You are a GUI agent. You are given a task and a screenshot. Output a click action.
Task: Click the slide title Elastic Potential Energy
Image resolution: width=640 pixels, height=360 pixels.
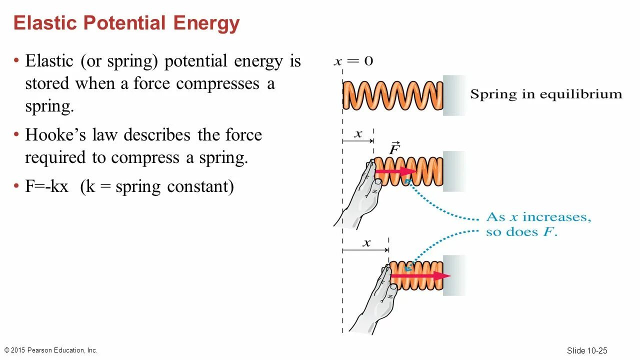pyautogui.click(x=126, y=23)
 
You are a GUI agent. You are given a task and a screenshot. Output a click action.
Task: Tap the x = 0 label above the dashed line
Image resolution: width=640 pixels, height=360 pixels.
pyautogui.click(x=353, y=61)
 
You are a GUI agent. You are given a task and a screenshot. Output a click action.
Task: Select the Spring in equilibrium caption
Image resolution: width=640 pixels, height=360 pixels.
pyautogui.click(x=546, y=94)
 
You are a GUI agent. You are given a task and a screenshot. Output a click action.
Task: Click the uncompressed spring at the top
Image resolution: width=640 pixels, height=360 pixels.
pyautogui.click(x=393, y=95)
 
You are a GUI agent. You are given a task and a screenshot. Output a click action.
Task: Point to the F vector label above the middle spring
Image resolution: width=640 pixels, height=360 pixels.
pyautogui.click(x=394, y=148)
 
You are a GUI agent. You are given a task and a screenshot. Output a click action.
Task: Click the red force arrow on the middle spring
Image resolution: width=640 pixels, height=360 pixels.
pyautogui.click(x=395, y=171)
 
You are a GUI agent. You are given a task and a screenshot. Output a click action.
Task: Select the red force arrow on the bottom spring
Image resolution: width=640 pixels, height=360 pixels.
pyautogui.click(x=420, y=275)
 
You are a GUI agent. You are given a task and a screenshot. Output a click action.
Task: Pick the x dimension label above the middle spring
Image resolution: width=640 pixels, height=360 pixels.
pyautogui.click(x=358, y=134)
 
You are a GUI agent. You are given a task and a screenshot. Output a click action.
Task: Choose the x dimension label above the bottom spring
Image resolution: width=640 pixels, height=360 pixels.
pyautogui.click(x=366, y=243)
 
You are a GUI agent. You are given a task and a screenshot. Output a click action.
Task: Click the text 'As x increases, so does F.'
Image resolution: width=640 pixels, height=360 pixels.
pyautogui.click(x=538, y=224)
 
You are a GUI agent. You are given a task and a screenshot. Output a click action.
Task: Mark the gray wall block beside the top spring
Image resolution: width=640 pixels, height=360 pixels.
pyautogui.click(x=454, y=95)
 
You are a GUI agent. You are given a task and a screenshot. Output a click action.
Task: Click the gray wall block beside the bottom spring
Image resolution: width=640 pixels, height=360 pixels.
pyautogui.click(x=454, y=275)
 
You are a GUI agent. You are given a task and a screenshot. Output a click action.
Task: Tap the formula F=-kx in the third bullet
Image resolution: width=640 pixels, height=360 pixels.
pyautogui.click(x=46, y=186)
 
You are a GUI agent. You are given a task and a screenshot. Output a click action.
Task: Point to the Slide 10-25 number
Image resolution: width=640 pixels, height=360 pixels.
pyautogui.click(x=587, y=350)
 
